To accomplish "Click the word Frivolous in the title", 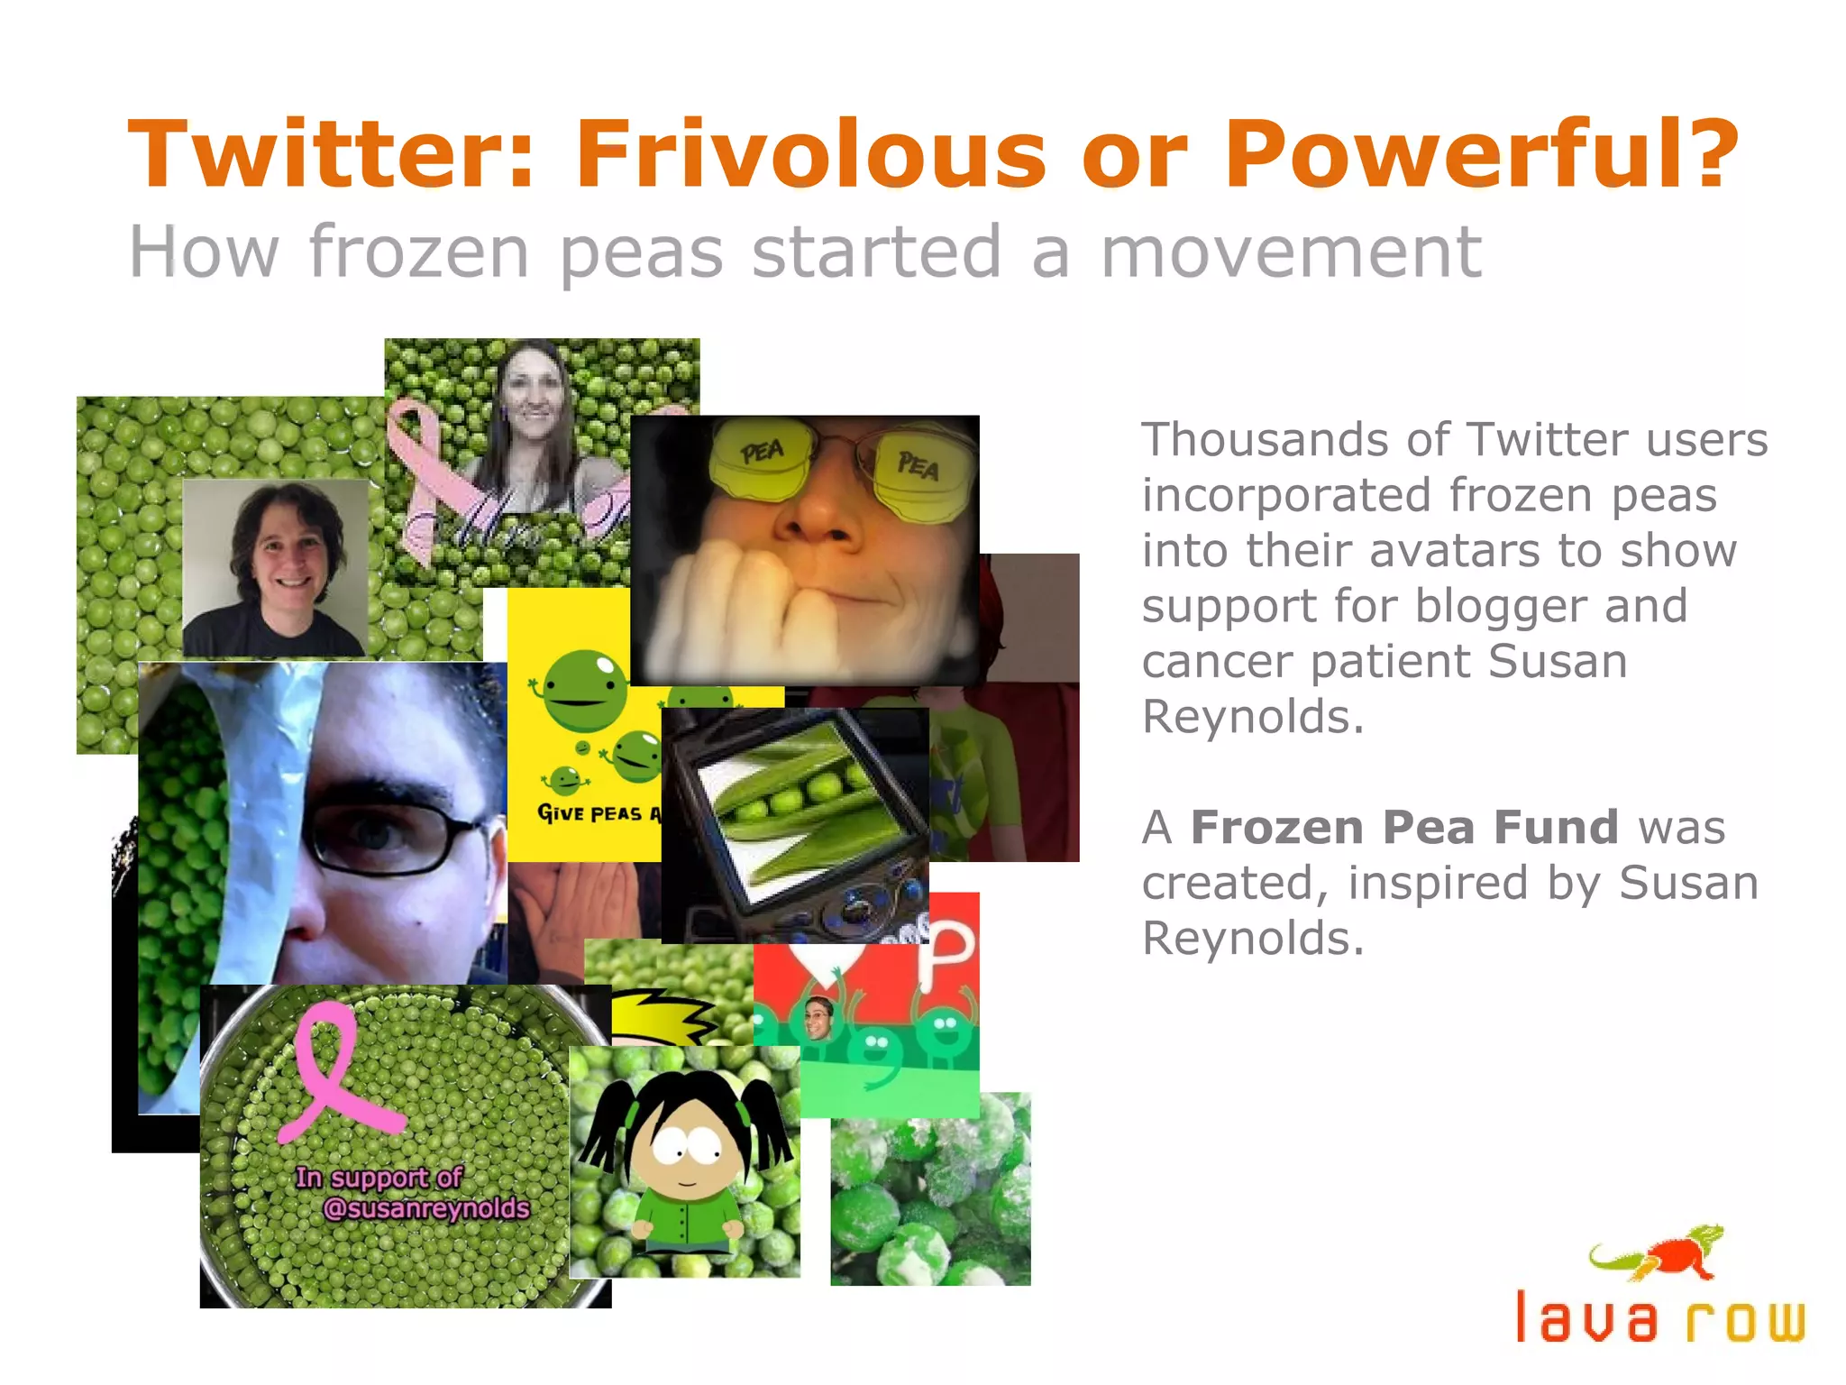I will point(811,155).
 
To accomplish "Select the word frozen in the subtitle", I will point(418,252).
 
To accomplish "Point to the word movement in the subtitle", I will point(1291,252).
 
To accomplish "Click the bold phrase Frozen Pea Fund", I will point(1403,828).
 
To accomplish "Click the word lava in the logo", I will point(1586,1318).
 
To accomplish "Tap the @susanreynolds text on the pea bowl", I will point(425,1208).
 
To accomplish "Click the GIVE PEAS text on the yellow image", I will point(590,813).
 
